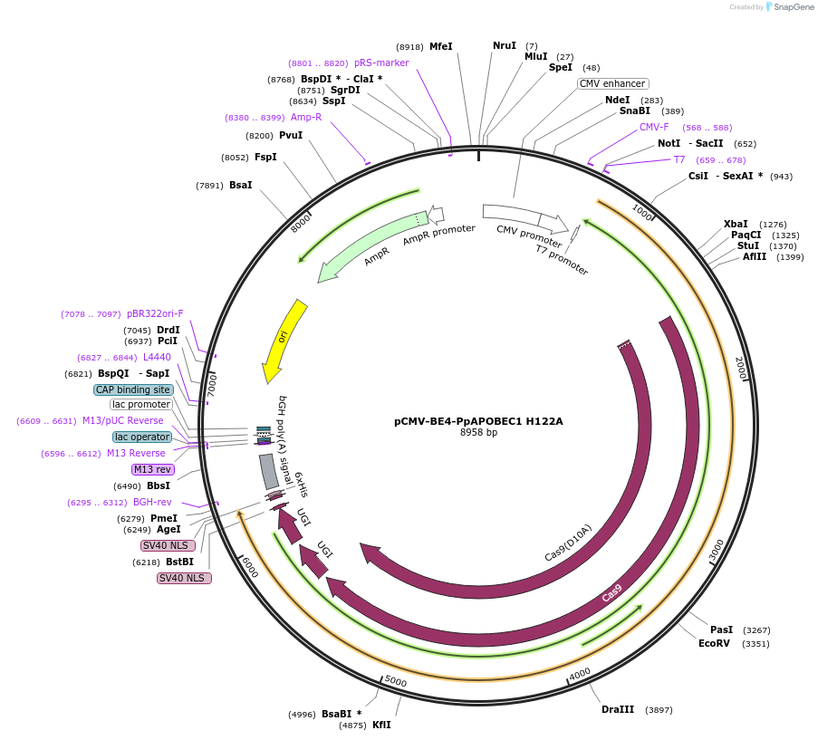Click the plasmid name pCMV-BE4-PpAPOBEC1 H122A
point(478,421)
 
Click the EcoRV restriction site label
point(714,643)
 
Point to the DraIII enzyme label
point(618,709)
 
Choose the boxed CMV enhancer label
point(612,83)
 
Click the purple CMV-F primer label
point(654,127)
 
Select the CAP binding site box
point(133,389)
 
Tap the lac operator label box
point(142,437)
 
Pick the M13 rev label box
point(152,469)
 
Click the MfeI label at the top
point(441,46)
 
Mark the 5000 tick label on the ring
point(396,681)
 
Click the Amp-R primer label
point(306,117)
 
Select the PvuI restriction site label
point(291,135)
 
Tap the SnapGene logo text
point(794,7)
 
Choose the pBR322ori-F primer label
point(155,313)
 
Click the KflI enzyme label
point(381,725)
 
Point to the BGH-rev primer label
point(152,502)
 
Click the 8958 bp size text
point(478,433)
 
